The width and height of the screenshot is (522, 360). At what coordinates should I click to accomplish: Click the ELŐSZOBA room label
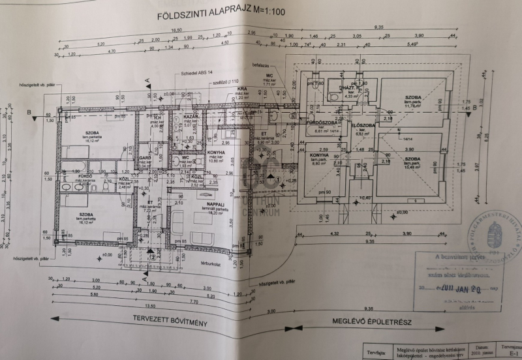coord(361,125)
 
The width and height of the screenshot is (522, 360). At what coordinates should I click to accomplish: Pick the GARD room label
coord(146,158)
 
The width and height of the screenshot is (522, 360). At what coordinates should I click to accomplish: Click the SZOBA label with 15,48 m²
coord(412,159)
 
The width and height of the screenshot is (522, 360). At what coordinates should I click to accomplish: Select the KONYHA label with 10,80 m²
coord(216,153)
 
